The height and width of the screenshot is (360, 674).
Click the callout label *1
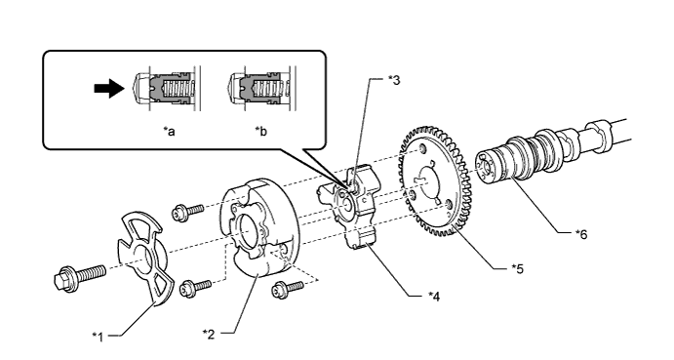[99, 337]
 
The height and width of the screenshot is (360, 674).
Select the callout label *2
[209, 334]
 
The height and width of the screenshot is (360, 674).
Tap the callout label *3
[394, 80]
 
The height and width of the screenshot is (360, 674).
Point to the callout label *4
[434, 296]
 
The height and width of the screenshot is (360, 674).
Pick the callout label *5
[518, 269]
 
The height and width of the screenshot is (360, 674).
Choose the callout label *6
[581, 233]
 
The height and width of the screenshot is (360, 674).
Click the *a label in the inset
[170, 131]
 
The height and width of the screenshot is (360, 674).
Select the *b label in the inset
[260, 131]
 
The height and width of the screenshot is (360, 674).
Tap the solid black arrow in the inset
[109, 88]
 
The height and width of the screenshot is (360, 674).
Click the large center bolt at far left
[80, 276]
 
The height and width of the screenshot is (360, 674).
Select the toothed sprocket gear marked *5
[435, 181]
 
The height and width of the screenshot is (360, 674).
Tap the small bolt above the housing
[187, 213]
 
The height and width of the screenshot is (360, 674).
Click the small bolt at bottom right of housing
[288, 289]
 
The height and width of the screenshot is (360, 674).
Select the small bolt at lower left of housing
[195, 287]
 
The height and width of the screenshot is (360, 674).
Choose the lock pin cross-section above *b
[261, 88]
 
